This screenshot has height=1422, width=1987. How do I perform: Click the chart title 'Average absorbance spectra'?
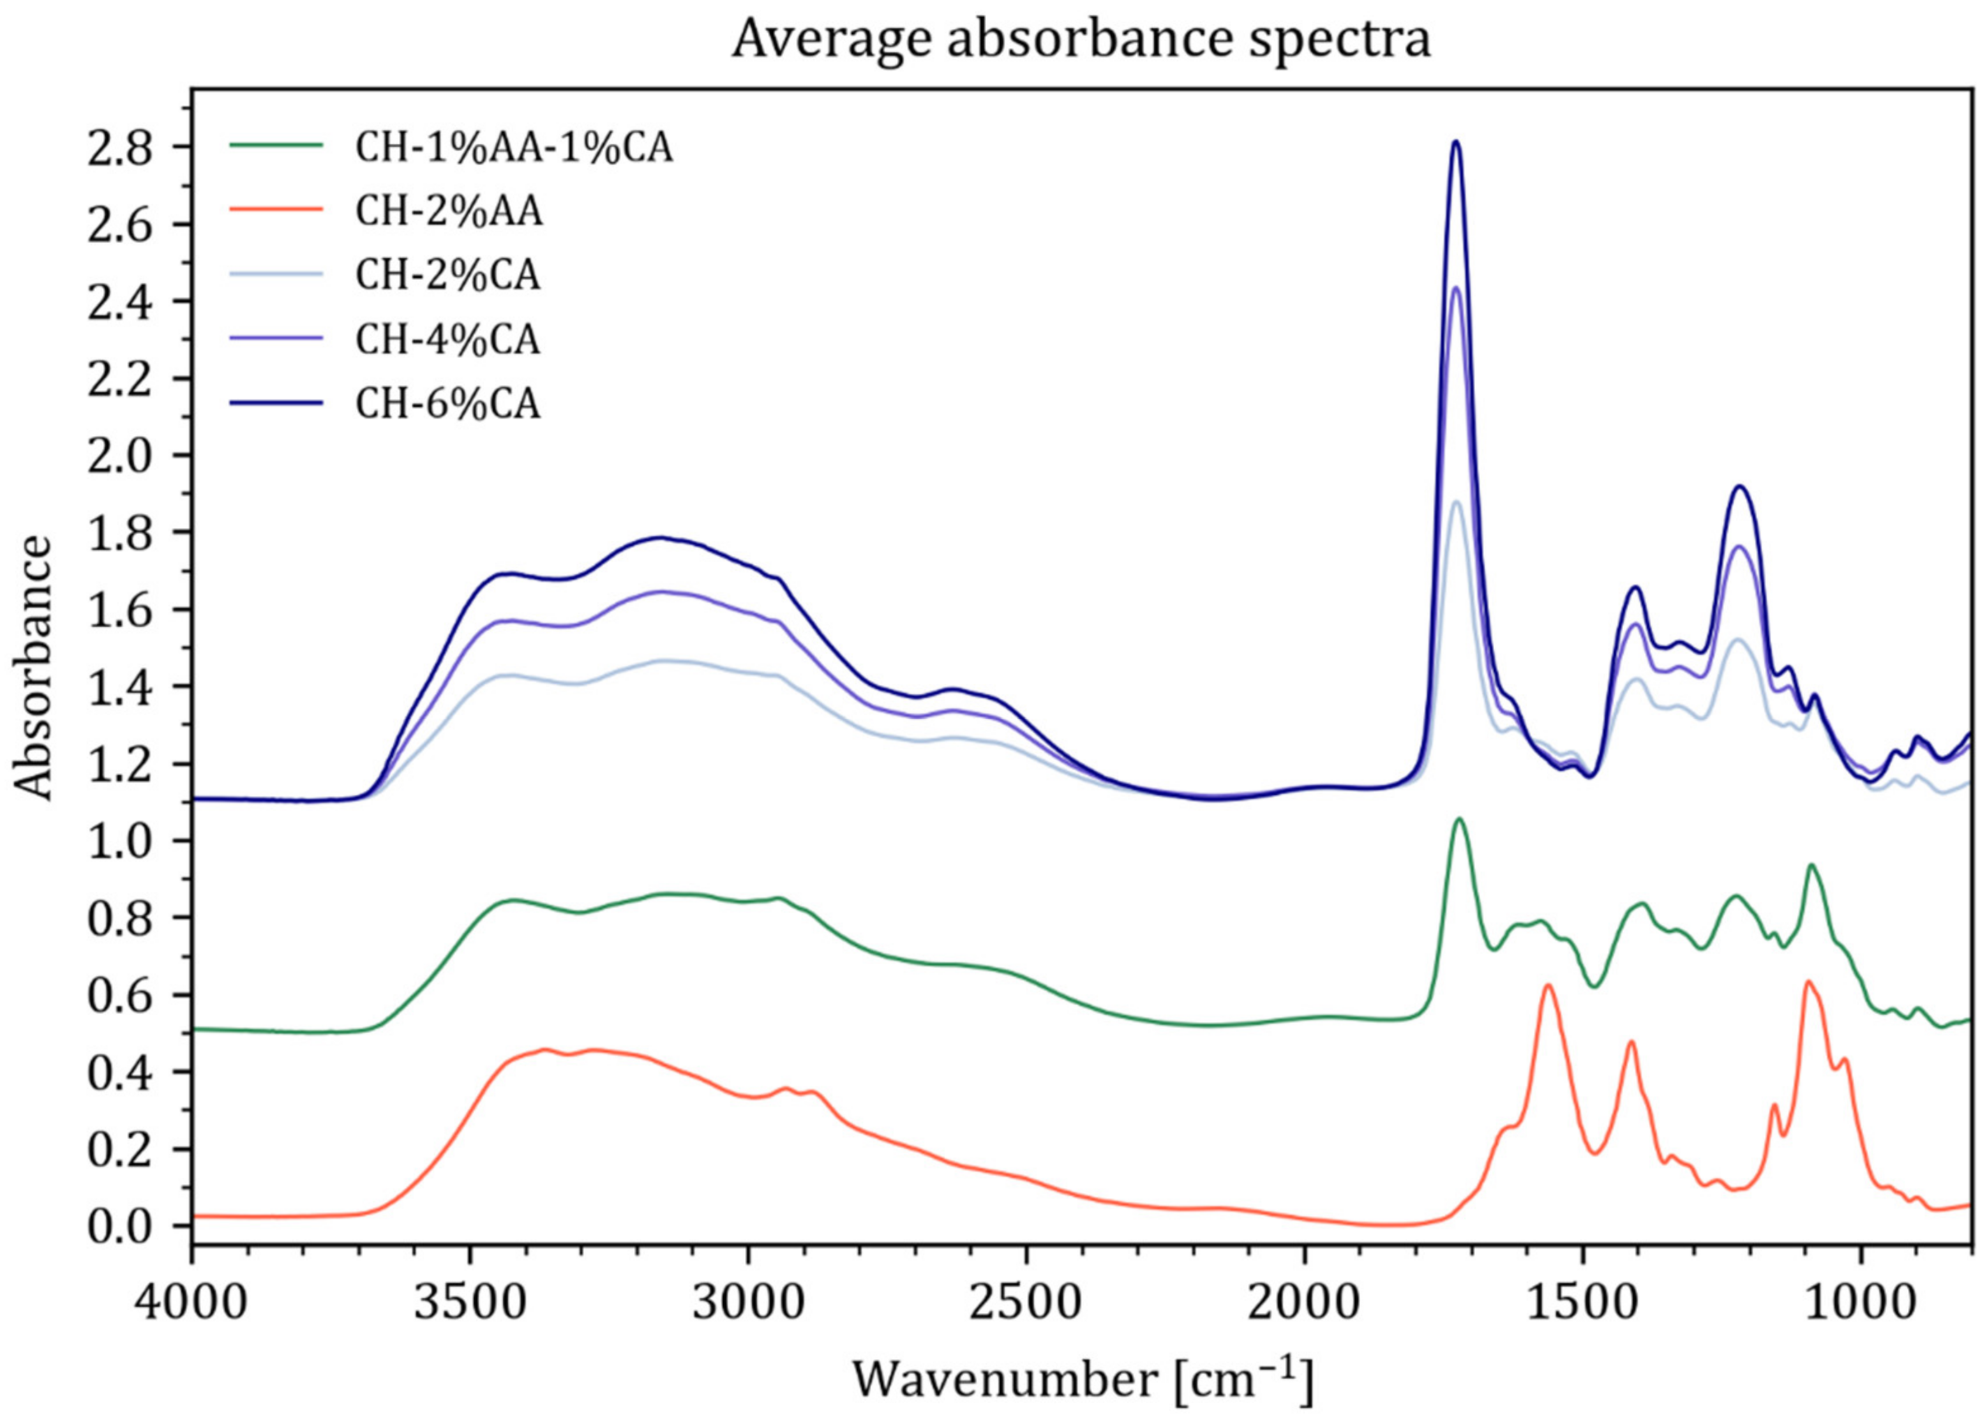(x=1081, y=40)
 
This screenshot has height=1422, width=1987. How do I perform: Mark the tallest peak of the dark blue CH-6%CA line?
(x=1457, y=142)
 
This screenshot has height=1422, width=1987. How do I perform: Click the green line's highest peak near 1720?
(x=1459, y=820)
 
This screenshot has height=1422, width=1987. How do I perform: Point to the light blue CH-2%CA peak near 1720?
(x=1457, y=502)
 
